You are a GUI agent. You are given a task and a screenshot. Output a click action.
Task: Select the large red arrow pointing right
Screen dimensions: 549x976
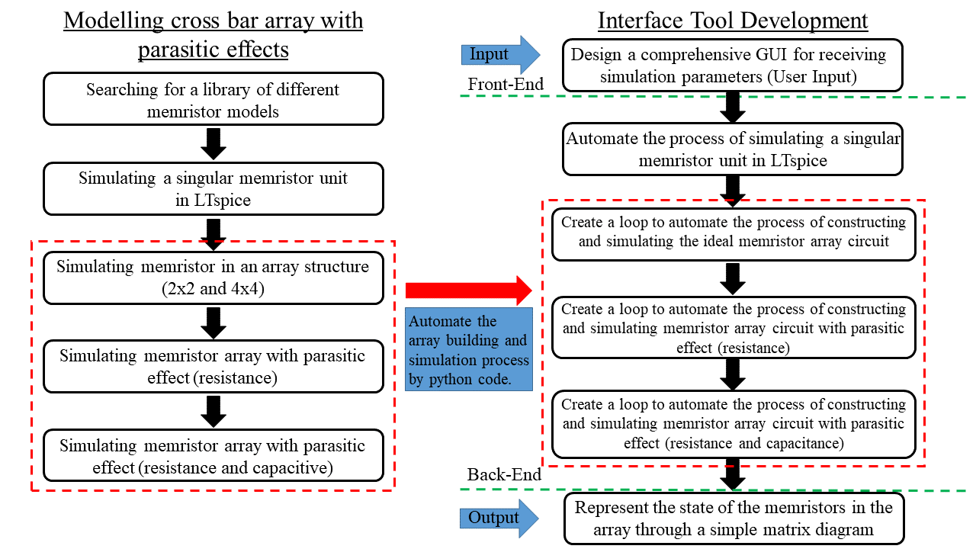pos(467,290)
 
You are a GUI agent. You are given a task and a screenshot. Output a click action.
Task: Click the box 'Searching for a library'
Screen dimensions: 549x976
pos(213,100)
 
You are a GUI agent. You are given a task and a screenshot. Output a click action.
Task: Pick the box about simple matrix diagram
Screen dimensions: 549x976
pos(733,518)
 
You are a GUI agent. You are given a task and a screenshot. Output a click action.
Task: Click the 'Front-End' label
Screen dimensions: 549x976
pos(506,85)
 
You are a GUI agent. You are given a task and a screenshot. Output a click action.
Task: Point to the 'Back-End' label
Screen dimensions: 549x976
pos(504,474)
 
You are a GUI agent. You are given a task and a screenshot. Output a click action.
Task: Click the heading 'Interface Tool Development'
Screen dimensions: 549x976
pos(733,21)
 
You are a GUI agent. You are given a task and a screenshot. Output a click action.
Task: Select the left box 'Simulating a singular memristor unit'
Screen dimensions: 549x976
pos(213,188)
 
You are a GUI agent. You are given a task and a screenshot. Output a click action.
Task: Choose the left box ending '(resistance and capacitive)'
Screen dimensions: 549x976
pos(213,456)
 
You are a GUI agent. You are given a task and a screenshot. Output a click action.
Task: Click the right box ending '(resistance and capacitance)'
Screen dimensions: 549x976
pos(733,423)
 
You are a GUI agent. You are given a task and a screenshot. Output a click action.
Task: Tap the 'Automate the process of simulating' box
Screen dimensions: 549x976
pos(733,149)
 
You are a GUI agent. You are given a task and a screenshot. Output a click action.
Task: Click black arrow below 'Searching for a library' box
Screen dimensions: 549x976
pos(213,143)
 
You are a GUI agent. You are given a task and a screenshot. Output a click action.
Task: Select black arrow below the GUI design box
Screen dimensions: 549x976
pos(733,107)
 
